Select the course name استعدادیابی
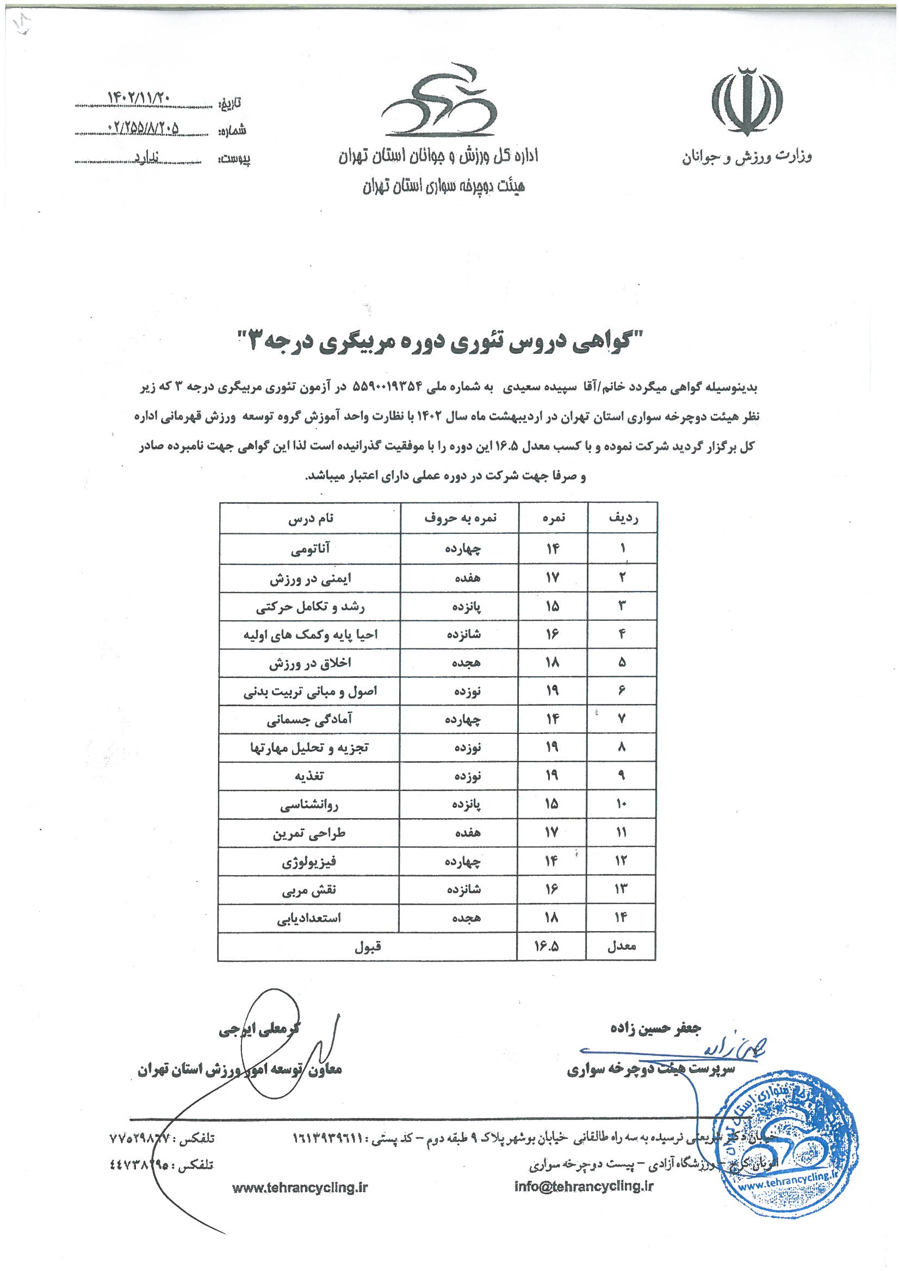pos(309,918)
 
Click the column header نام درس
pos(311,519)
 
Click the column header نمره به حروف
pos(460,519)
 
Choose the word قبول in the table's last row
pos(368,946)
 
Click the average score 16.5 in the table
pos(547,946)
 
